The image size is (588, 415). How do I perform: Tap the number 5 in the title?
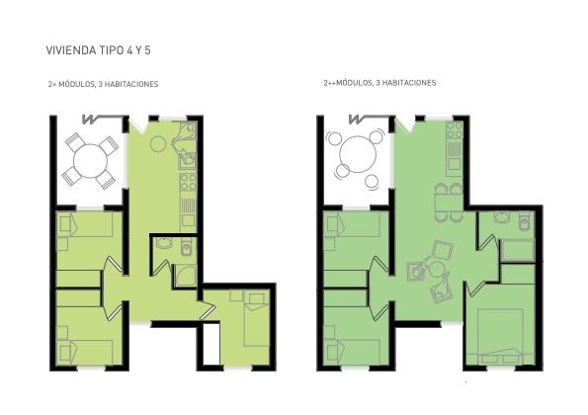tap(147, 50)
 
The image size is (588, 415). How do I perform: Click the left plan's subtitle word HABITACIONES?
tap(131, 84)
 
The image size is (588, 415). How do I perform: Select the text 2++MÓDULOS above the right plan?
tap(348, 82)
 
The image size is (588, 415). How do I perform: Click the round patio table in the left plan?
tap(90, 161)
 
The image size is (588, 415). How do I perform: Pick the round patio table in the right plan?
tap(358, 154)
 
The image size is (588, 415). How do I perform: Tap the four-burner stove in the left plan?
tap(188, 182)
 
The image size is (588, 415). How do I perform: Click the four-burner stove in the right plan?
tap(455, 129)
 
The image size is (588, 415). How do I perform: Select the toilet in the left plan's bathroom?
tap(186, 247)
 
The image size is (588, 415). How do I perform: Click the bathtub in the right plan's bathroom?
tap(518, 250)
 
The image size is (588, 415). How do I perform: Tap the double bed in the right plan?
tap(500, 336)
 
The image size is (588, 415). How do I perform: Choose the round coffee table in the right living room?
tap(437, 270)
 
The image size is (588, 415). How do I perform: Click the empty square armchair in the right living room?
tap(443, 250)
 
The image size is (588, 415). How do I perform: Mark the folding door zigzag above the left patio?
tap(90, 120)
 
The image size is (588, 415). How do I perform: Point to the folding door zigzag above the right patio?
tap(357, 120)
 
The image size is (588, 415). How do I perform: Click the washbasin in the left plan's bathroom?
tap(163, 243)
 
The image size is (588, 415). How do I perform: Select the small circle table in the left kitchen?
tap(158, 143)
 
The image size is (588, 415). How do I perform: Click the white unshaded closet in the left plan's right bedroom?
tap(211, 344)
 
